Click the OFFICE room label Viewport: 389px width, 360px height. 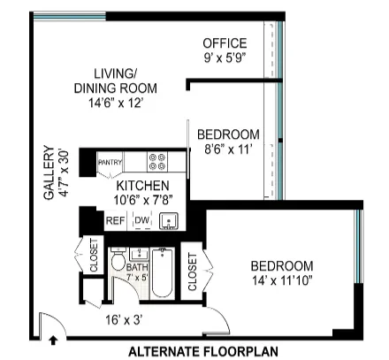[224, 43]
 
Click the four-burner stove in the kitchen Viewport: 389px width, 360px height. [157, 162]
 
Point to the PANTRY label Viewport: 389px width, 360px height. [109, 163]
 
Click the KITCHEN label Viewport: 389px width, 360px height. [142, 186]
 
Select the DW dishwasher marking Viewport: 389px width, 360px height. [141, 220]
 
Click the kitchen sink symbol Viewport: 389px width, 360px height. [170, 219]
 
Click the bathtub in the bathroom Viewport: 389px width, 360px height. [163, 274]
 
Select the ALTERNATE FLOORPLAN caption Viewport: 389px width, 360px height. [203, 351]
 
